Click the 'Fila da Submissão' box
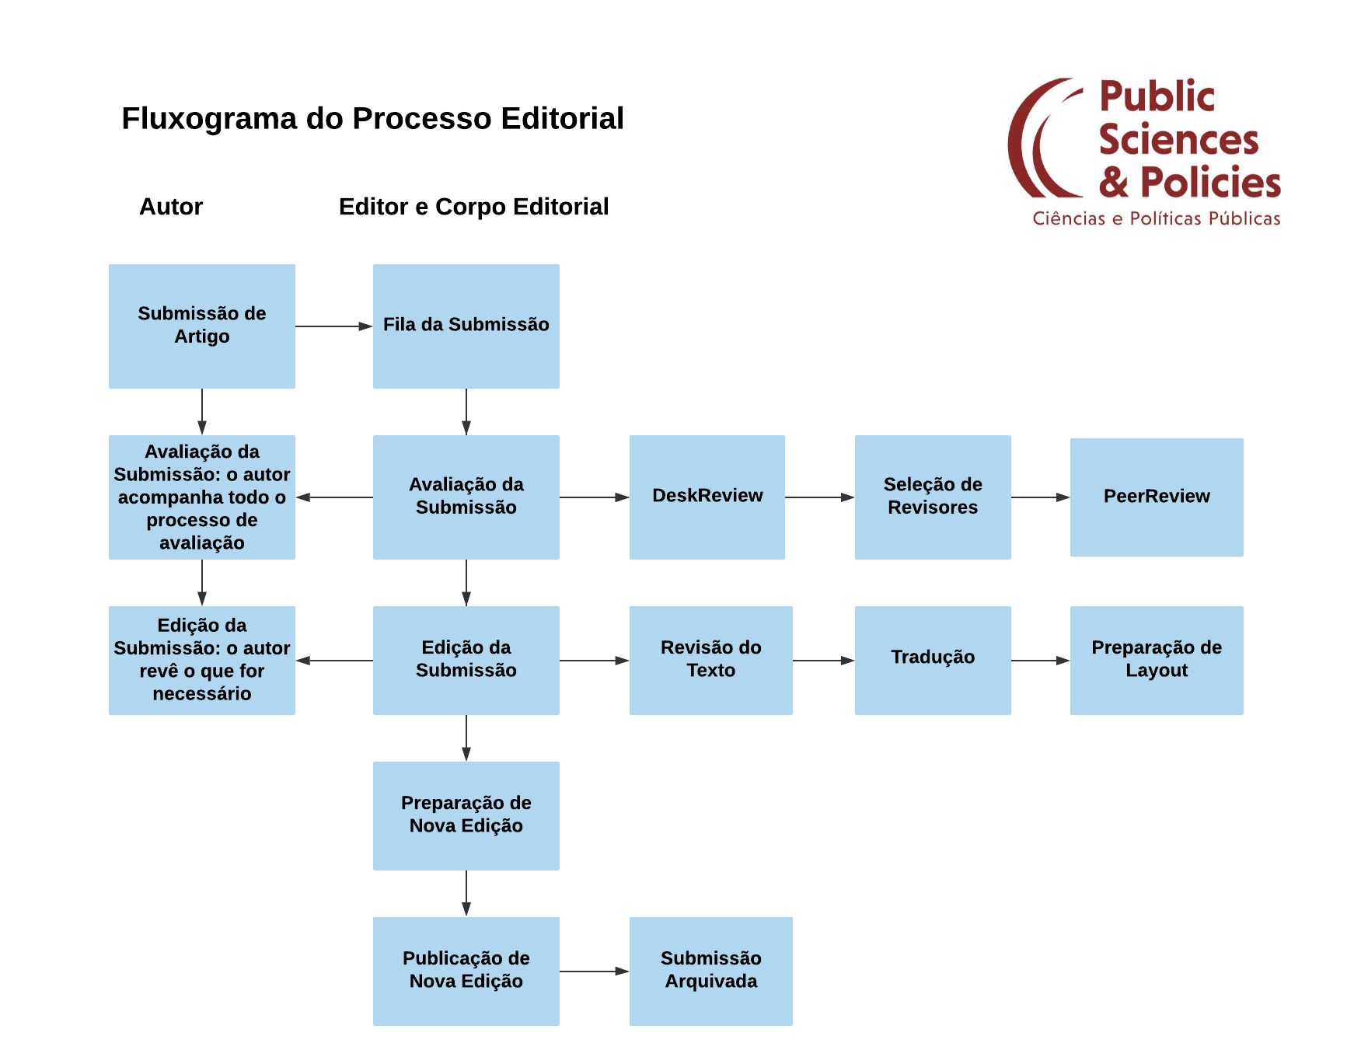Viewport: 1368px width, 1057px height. pyautogui.click(x=466, y=326)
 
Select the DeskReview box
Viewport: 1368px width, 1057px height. pyautogui.click(x=707, y=497)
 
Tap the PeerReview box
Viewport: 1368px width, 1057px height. pyautogui.click(x=1157, y=497)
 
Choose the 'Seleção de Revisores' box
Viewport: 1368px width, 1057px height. pyautogui.click(x=933, y=497)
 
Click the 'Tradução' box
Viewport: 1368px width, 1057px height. pyautogui.click(x=933, y=661)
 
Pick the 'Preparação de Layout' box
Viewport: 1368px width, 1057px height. pyautogui.click(x=1157, y=661)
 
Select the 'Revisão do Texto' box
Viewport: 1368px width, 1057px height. pyautogui.click(x=711, y=661)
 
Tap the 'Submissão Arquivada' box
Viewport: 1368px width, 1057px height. pyautogui.click(x=711, y=972)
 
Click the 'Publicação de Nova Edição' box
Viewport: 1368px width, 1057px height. pyautogui.click(x=466, y=972)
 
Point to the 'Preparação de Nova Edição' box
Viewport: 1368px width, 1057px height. pyautogui.click(x=466, y=816)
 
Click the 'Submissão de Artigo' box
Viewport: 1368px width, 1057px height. pyautogui.click(x=202, y=326)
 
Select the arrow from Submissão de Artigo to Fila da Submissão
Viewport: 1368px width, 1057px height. pyautogui.click(x=334, y=326)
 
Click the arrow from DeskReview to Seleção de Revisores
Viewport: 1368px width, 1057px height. pyautogui.click(x=820, y=497)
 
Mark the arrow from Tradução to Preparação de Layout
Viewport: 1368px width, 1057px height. pyautogui.click(x=1041, y=661)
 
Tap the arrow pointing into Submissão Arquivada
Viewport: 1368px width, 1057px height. pyautogui.click(x=595, y=972)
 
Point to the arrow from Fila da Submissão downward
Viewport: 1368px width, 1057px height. pyautogui.click(x=466, y=412)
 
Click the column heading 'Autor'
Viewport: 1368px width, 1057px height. pyautogui.click(x=171, y=207)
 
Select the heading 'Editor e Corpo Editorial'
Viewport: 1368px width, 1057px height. pyautogui.click(x=473, y=207)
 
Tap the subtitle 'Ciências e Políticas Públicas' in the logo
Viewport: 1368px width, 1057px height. pyautogui.click(x=1157, y=218)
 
